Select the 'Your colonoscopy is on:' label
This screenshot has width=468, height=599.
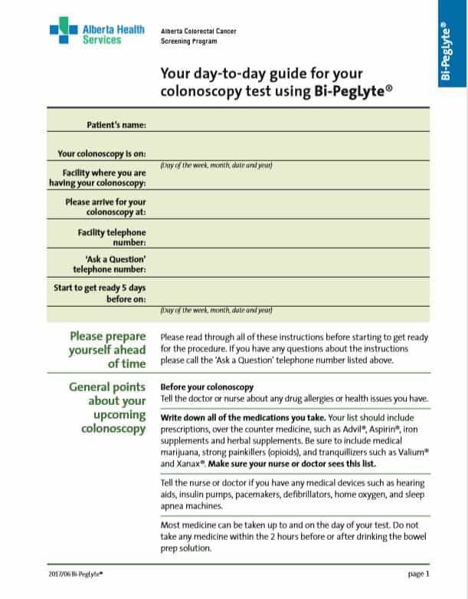click(102, 153)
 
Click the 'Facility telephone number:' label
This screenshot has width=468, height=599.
click(112, 236)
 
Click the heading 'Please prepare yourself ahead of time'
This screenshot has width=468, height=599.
click(108, 349)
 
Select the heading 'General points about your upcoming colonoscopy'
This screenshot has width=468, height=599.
click(107, 407)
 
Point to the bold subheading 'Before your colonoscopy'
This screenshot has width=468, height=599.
click(206, 387)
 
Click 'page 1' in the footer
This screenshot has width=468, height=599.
click(418, 573)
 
